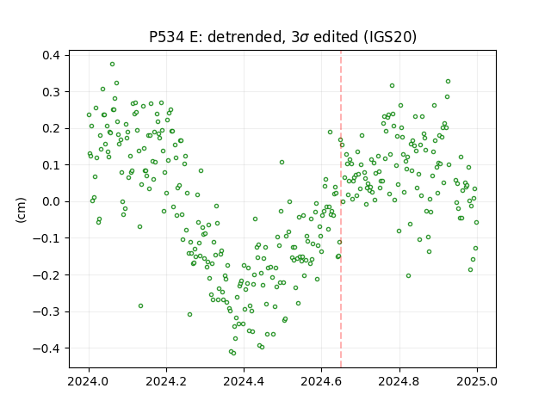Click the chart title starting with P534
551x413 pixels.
coord(282,37)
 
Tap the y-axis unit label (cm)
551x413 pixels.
coord(21,210)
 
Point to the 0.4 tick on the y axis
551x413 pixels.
coord(51,55)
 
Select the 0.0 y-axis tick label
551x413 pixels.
coord(51,201)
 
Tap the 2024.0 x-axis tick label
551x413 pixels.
coord(89,381)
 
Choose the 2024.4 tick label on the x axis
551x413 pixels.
coord(244,381)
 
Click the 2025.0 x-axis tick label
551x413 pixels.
coord(477,381)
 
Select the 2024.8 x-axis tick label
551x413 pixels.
coord(399,381)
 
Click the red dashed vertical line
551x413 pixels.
coord(341,209)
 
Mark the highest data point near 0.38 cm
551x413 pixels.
coord(112,65)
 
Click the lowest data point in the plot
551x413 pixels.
coord(233,353)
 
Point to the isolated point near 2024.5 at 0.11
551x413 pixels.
coord(282,163)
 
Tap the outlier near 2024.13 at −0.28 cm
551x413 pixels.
coord(140,306)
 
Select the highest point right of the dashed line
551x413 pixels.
coord(448,82)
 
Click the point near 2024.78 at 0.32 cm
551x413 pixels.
coord(393,86)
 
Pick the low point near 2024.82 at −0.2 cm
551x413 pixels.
coord(408,275)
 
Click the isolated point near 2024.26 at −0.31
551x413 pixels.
coord(189,314)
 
